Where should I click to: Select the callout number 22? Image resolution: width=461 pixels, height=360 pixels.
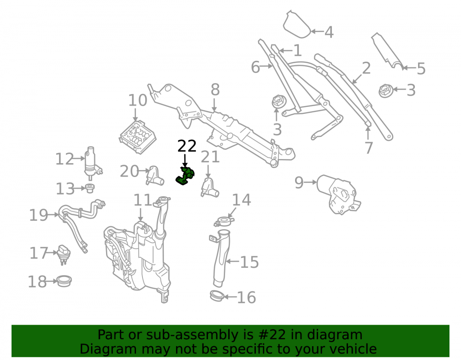click(x=187, y=146)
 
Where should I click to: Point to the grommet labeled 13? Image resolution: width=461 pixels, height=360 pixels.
click(x=89, y=188)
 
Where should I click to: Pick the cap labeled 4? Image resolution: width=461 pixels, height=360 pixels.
click(x=296, y=25)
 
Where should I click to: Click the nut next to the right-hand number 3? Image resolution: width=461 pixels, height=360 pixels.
click(x=386, y=90)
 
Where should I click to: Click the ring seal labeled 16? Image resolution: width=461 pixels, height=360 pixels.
click(x=217, y=295)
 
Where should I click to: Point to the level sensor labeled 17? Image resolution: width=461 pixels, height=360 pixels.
click(x=64, y=254)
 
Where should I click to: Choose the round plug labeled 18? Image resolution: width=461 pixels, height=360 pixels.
click(x=64, y=281)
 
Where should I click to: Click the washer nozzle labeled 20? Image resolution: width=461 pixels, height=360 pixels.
click(x=154, y=176)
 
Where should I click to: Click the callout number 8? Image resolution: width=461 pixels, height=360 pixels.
click(x=215, y=89)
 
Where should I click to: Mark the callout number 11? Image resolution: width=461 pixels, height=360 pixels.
click(x=143, y=200)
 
